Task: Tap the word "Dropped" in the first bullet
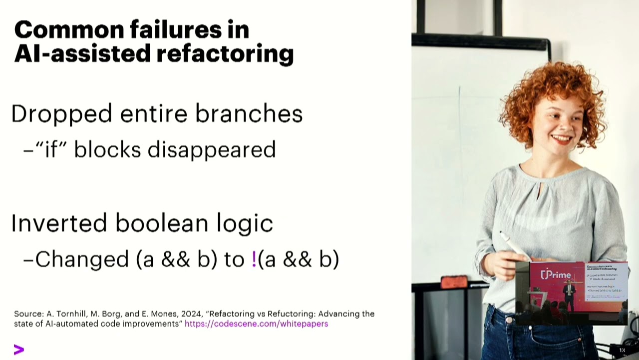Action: (62, 114)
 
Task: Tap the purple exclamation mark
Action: (254, 259)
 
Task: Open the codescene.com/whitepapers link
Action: (256, 324)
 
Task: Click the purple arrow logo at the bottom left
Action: (19, 349)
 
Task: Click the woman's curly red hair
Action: (549, 85)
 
